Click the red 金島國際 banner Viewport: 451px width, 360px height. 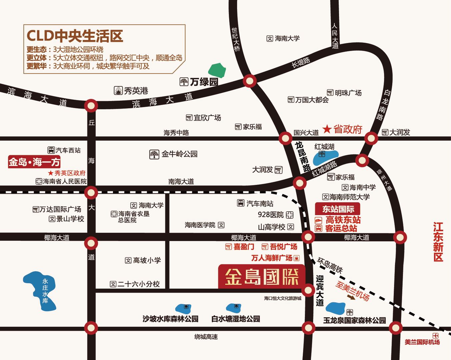(x=261, y=276)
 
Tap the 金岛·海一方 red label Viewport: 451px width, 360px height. (x=34, y=162)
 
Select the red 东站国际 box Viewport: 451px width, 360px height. (x=337, y=209)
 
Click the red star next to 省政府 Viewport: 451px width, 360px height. (x=327, y=129)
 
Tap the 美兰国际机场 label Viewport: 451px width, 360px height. (x=422, y=342)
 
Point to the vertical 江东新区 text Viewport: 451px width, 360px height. (x=438, y=242)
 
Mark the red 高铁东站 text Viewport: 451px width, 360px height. (x=343, y=220)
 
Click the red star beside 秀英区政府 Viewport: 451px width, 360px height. (x=51, y=173)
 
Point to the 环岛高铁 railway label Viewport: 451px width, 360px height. (x=330, y=265)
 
